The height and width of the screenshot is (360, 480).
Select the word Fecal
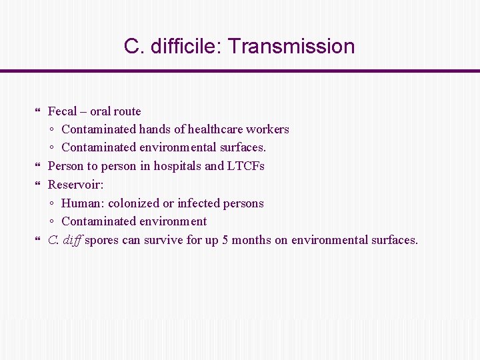63,111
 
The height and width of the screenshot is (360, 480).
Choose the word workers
267,129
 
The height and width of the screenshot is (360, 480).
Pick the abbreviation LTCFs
246,166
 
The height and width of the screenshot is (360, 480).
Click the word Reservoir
75,184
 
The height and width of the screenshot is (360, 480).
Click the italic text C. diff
65,240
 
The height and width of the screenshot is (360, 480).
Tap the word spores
102,240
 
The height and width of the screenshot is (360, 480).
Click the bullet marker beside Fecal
38,111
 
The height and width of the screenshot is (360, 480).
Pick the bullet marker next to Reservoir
38,184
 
